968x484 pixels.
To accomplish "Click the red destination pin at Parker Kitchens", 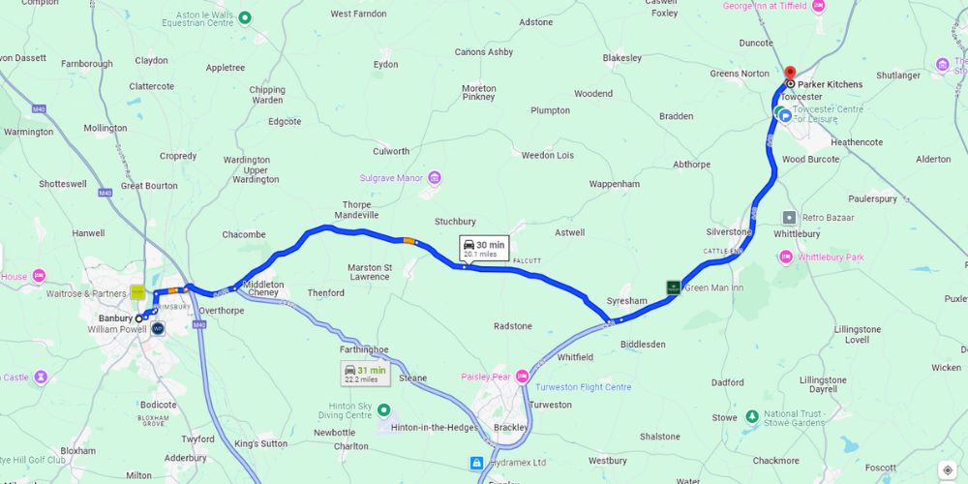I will coord(789,74).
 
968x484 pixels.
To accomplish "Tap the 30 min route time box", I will coord(483,249).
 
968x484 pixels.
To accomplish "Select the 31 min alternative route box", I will coord(364,373).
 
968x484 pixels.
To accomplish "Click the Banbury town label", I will coord(115,318).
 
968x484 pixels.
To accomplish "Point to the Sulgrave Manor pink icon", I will coord(435,178).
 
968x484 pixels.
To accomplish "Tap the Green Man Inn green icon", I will coord(673,287).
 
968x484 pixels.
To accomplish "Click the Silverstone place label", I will coord(728,232).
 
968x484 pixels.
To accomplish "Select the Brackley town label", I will coord(510,427).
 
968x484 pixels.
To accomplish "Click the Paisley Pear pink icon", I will coord(523,377).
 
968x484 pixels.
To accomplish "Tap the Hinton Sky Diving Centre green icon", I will coord(383,409).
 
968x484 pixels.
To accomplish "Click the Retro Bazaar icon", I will coord(790,217).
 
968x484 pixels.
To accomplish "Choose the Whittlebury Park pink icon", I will coord(785,257).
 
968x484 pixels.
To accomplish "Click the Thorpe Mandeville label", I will coord(356,209).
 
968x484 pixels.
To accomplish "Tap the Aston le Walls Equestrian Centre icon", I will coord(245,16).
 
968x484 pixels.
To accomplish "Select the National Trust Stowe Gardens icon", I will coord(751,416).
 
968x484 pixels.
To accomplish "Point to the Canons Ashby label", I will coord(484,52).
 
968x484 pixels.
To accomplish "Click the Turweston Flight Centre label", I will coord(582,387).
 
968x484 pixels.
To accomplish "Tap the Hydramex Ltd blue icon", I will coord(476,463).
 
